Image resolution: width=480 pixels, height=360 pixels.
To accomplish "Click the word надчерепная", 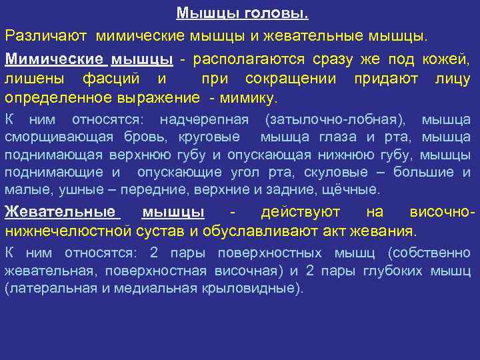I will pyautogui.click(x=204, y=120).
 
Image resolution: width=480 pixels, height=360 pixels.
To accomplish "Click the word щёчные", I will pyautogui.click(x=354, y=190).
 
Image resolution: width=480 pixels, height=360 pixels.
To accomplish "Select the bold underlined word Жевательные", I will pyautogui.click(x=61, y=213).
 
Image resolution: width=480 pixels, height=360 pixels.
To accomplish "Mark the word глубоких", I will pyautogui.click(x=393, y=271).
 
